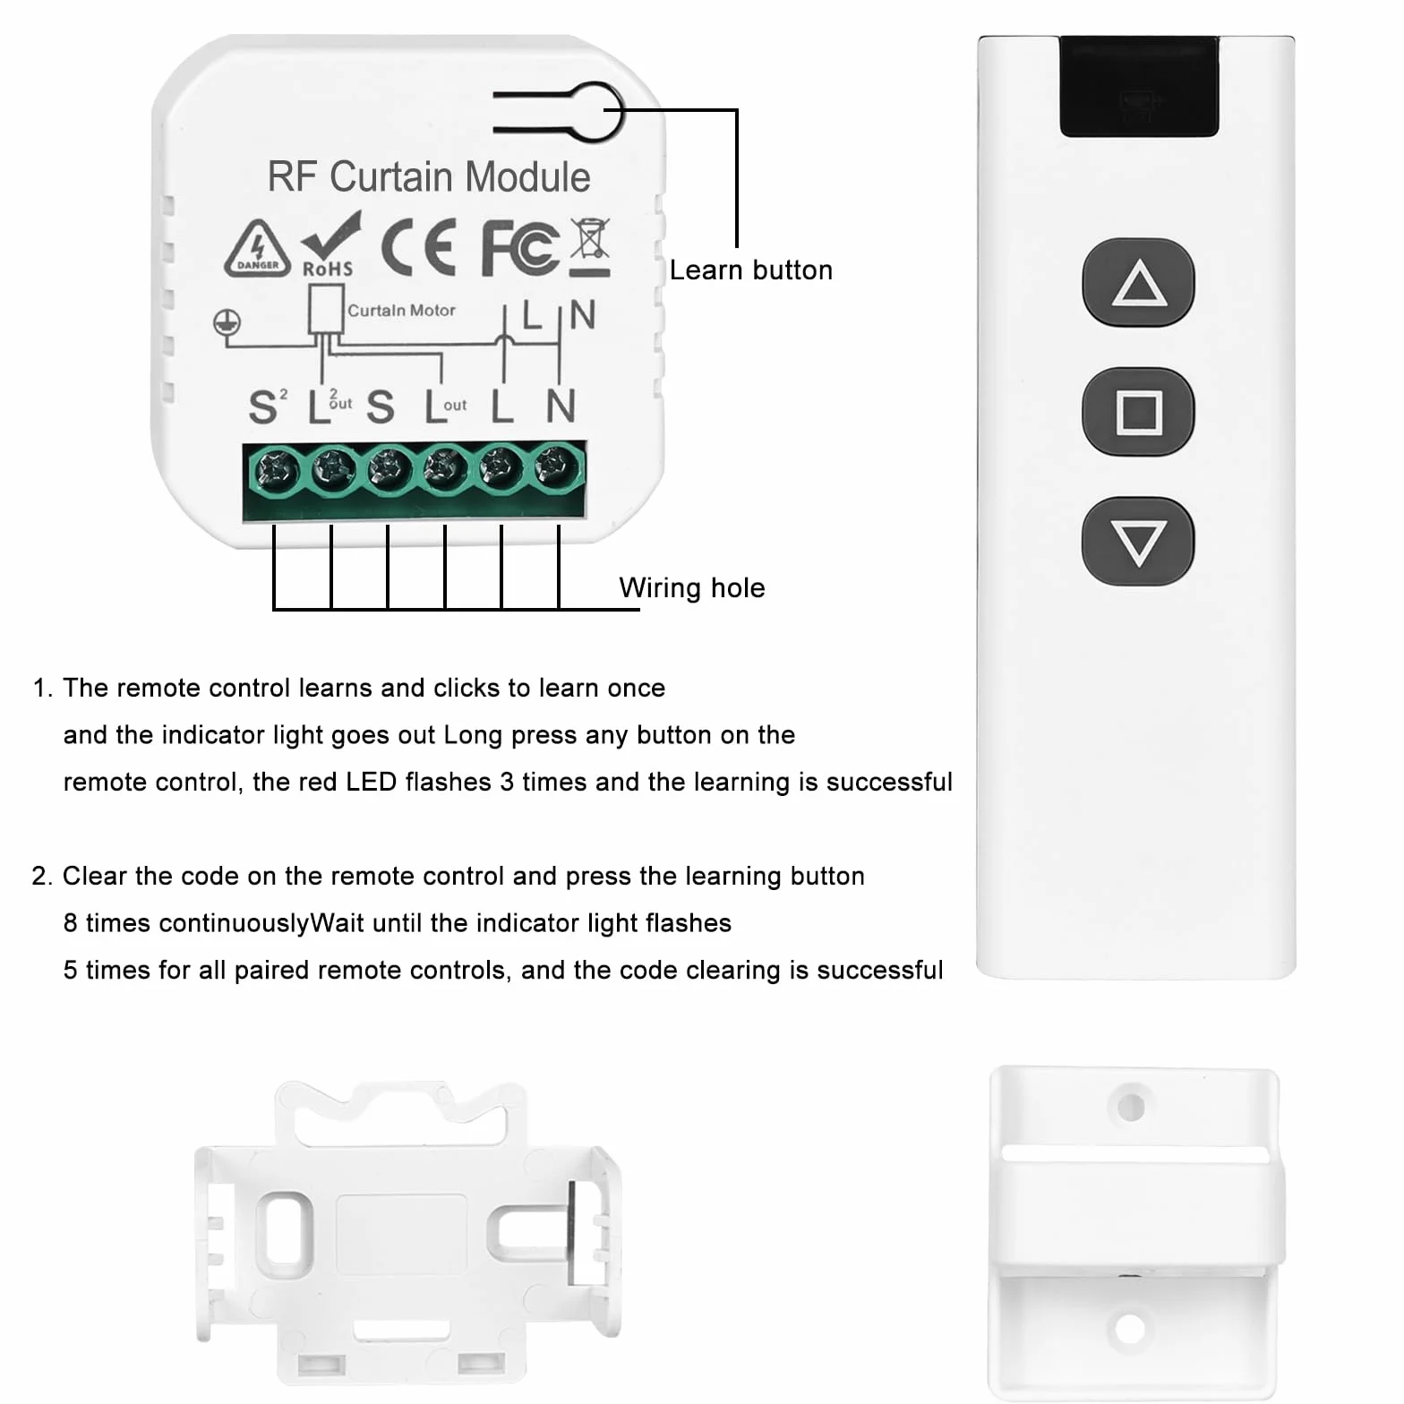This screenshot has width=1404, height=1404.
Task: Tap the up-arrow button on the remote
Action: click(x=1138, y=282)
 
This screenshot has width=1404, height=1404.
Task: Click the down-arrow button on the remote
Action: click(x=1138, y=541)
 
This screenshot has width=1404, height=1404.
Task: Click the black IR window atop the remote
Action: click(x=1139, y=86)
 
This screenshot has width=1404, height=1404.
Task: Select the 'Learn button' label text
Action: click(x=750, y=270)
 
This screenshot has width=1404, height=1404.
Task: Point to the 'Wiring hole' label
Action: click(x=692, y=588)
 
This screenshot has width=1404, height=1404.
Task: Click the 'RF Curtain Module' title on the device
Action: click(x=429, y=176)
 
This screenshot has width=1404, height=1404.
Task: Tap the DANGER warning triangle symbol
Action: click(x=257, y=247)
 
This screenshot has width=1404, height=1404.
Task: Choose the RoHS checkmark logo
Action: click(x=329, y=244)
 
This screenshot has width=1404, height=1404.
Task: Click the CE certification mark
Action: click(x=418, y=246)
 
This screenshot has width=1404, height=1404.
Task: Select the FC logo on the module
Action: click(x=520, y=246)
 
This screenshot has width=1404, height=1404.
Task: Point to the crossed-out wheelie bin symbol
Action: click(x=590, y=246)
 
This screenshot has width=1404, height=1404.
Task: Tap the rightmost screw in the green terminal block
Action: click(x=557, y=466)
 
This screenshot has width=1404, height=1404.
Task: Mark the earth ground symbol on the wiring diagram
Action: click(x=227, y=322)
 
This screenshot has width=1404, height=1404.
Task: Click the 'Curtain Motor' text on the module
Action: click(x=401, y=311)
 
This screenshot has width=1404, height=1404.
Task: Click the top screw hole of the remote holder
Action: click(x=1131, y=1107)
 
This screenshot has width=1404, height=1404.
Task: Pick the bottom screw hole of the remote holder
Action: click(x=1130, y=1329)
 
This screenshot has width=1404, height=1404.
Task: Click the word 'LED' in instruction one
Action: click(x=371, y=782)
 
